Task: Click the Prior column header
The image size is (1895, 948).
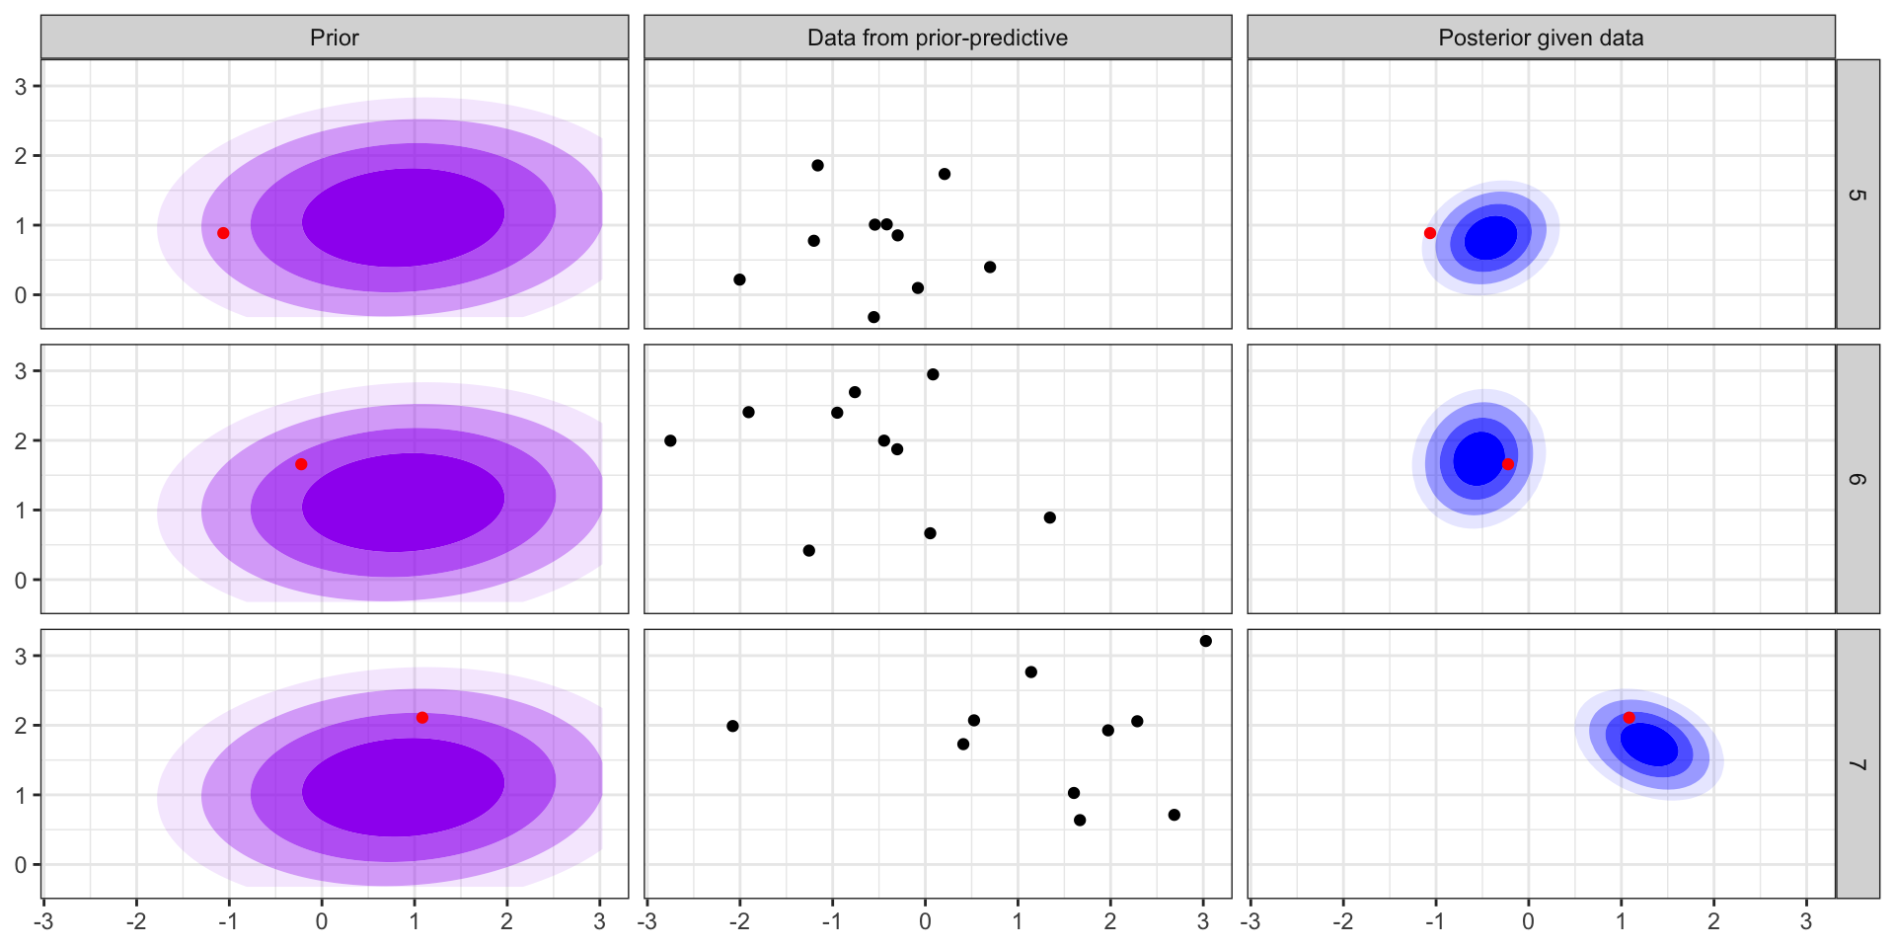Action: [334, 38]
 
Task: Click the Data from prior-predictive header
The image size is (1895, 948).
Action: [937, 38]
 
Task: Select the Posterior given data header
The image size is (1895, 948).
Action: [1540, 38]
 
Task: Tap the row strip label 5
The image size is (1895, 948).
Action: [1857, 195]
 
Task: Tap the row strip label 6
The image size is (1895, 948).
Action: [1857, 479]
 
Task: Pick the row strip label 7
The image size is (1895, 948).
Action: [1857, 764]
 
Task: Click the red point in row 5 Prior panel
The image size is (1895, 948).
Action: [223, 233]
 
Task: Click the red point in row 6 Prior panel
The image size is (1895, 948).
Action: [301, 464]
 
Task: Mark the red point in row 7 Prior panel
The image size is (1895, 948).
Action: [422, 718]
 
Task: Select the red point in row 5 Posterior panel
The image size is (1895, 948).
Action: [1430, 233]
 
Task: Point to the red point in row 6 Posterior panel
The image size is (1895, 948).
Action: [1507, 464]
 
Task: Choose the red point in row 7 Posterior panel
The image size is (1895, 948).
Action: [1630, 718]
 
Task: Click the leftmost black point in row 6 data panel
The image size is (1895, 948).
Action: [670, 440]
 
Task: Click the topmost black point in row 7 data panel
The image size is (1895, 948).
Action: [1205, 641]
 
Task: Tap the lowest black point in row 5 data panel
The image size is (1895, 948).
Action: [873, 317]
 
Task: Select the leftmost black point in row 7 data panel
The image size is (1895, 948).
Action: [732, 726]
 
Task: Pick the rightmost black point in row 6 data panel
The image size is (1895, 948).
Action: [1049, 517]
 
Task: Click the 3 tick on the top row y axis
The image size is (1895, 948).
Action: [21, 86]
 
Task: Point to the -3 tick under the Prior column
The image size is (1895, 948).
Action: [43, 921]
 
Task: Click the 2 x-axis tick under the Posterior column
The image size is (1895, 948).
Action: [1713, 921]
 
